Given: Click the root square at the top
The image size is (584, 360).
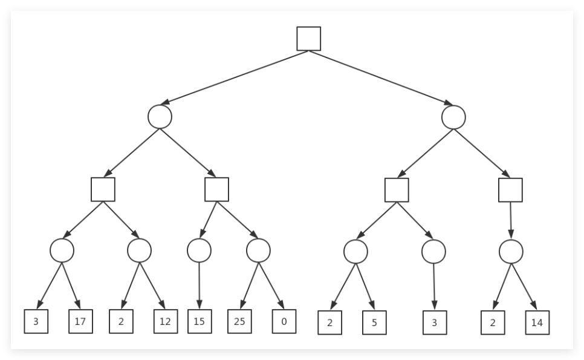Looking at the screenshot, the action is [x=309, y=38].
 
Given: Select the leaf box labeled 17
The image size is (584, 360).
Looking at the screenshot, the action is [x=80, y=321].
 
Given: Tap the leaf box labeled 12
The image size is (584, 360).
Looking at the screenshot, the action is [x=166, y=321].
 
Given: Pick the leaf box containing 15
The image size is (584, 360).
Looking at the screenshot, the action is [x=200, y=321].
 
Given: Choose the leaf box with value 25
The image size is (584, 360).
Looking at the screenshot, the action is [x=239, y=321].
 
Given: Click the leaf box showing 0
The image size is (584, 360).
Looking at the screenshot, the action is [x=284, y=321].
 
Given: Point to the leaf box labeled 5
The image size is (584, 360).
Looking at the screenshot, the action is [x=374, y=322].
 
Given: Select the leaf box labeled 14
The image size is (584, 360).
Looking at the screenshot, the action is [x=537, y=322].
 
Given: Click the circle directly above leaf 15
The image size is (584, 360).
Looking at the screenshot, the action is [x=200, y=250].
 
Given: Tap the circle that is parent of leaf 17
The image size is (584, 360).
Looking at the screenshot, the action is [x=62, y=250].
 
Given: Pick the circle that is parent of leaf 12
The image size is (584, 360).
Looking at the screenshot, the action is [x=139, y=250].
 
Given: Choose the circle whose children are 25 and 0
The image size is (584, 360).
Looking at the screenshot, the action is [x=258, y=250].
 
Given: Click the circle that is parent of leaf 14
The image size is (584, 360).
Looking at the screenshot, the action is [x=511, y=252].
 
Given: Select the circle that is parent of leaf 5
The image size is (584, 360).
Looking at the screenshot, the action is [x=355, y=252].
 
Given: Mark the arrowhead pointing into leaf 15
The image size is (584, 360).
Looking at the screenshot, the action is [x=200, y=304].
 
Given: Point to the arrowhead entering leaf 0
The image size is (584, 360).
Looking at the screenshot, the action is [x=281, y=305].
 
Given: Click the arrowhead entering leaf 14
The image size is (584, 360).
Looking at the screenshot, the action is [x=534, y=306].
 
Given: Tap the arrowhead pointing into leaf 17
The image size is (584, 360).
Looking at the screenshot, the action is [x=77, y=305].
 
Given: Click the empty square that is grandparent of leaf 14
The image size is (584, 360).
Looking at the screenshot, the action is [x=510, y=190].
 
